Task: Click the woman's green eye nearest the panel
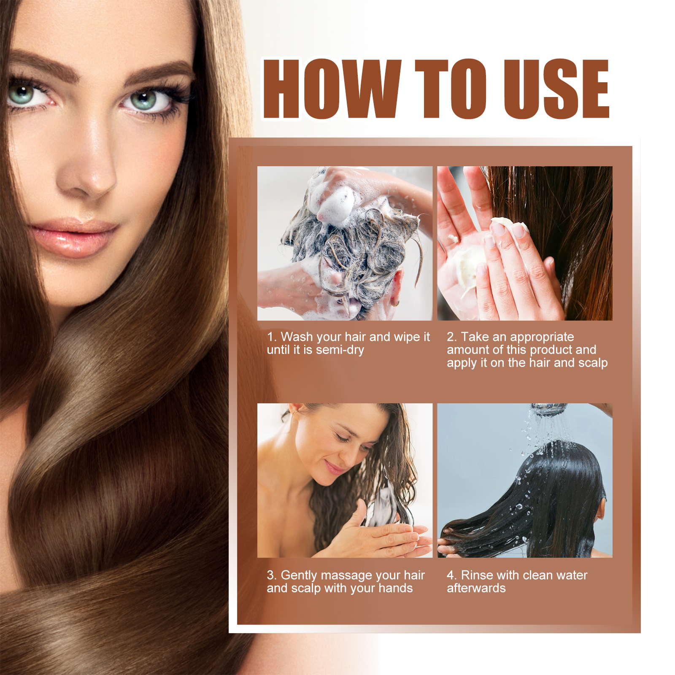tap(144, 100)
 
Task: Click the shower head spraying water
tap(548, 408)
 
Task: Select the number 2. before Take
tap(451, 337)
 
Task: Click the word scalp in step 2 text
tap(593, 363)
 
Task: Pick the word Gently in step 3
tap(299, 575)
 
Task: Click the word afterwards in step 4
tap(476, 589)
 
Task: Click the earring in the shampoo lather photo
tap(395, 302)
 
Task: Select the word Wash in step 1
tap(297, 337)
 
